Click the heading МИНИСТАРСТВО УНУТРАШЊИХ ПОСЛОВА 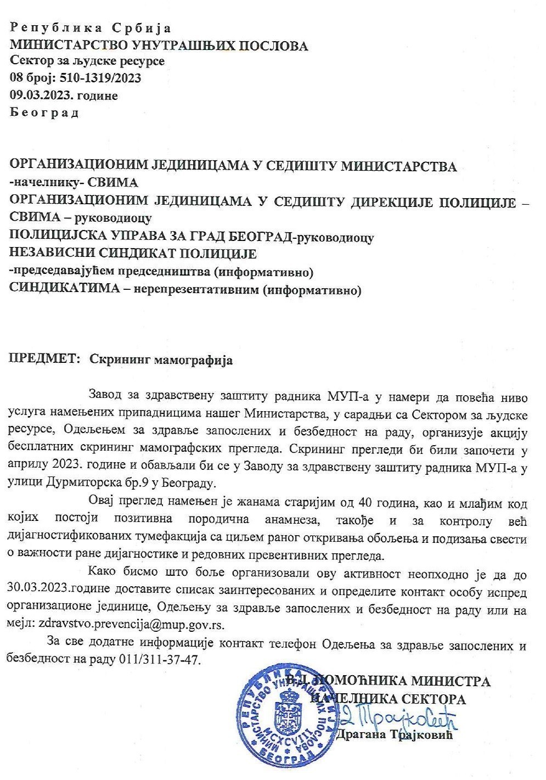pos(159,46)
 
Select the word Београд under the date pos(44,113)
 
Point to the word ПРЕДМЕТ pos(42,360)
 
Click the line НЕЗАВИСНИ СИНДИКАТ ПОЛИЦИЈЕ pos(133,254)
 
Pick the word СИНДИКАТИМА pos(64,289)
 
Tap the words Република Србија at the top pos(91,28)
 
